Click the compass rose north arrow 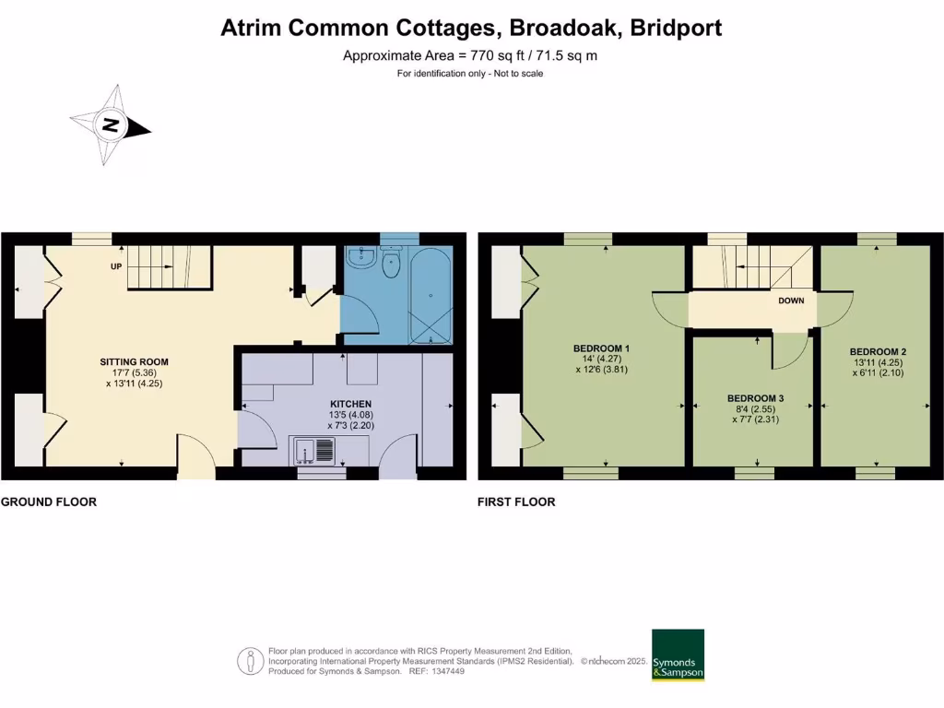pos(112,125)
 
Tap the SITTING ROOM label pos(135,361)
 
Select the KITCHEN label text pos(351,404)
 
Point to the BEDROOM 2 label pos(878,351)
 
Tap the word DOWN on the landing pos(791,301)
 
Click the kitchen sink pos(314,451)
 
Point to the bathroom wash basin pos(360,261)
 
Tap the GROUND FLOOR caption pos(49,502)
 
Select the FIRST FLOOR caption pos(516,502)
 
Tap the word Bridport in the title pos(676,28)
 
